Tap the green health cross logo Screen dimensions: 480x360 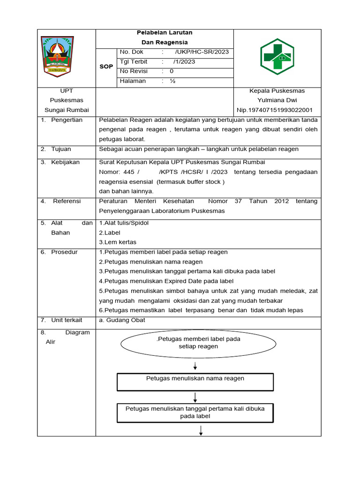277,58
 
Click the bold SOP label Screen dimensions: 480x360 106,67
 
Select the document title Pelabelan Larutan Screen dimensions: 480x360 164,33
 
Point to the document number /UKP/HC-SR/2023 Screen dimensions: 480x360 202,52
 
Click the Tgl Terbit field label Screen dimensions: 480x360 134,62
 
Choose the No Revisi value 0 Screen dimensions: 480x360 172,71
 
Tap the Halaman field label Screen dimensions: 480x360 133,81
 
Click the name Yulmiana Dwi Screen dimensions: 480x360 277,100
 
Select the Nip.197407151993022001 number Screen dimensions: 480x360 275,110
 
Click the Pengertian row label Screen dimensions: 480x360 67,120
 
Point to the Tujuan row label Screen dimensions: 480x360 61,149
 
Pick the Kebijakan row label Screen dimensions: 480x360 66,162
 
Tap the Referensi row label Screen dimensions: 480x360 67,201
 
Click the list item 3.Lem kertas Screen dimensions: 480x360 118,242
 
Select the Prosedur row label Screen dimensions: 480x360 65,252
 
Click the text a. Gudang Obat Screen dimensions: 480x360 122,320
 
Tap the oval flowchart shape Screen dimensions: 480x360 198,343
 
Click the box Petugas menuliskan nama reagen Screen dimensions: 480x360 195,382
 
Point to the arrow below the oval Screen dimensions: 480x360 195,366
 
